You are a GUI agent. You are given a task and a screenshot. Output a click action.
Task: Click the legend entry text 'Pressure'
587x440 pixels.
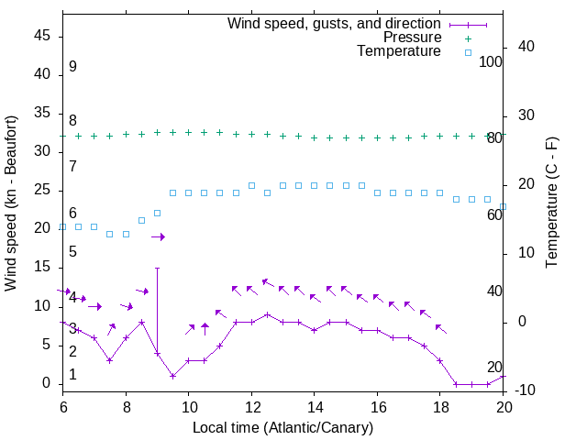pyautogui.click(x=412, y=38)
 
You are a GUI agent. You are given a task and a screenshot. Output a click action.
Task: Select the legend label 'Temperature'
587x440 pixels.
pyautogui.click(x=399, y=51)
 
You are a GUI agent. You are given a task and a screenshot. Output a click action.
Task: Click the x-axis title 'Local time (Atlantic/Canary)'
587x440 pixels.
pyautogui.click(x=283, y=427)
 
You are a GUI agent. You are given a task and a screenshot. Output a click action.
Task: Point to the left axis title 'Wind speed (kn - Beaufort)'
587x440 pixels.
pyautogui.click(x=11, y=203)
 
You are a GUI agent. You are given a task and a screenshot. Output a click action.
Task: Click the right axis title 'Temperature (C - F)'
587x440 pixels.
pyautogui.click(x=551, y=203)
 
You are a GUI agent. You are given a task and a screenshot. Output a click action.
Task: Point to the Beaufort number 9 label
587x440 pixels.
pyautogui.click(x=72, y=67)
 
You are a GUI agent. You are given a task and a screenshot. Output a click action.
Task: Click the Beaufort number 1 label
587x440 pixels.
pyautogui.click(x=72, y=375)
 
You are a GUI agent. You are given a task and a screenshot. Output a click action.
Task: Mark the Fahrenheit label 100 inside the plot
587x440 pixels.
pyautogui.click(x=491, y=61)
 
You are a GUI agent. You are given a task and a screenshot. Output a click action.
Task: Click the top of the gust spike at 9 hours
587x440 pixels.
pyautogui.click(x=157, y=269)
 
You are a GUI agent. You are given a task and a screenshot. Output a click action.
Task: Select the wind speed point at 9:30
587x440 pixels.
pyautogui.click(x=172, y=376)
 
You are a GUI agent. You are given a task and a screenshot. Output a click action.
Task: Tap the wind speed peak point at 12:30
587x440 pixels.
pyautogui.click(x=267, y=314)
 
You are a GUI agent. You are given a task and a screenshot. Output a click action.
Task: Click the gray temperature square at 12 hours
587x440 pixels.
pyautogui.click(x=251, y=185)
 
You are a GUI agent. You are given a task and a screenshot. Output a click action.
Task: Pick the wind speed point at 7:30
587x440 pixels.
pyautogui.click(x=110, y=360)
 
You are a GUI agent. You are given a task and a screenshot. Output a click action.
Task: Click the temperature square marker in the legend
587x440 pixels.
pyautogui.click(x=467, y=52)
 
